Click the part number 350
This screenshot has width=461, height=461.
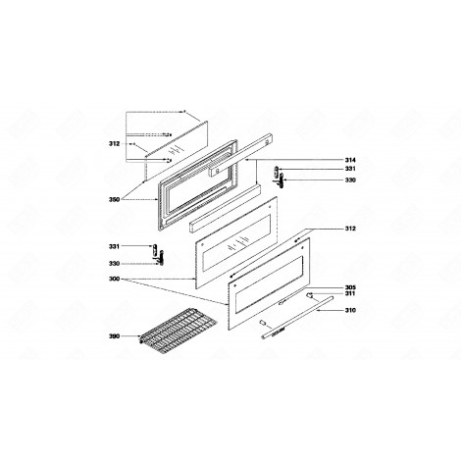coord(115,199)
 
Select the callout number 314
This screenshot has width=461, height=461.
coord(350,160)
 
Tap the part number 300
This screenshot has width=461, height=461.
coord(115,280)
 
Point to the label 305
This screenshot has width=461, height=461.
coord(350,287)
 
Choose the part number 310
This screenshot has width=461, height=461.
coord(350,311)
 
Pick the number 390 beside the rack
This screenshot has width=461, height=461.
coord(115,337)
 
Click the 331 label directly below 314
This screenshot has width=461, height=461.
coord(350,170)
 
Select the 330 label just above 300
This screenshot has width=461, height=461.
coord(115,263)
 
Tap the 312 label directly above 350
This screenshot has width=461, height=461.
coord(115,144)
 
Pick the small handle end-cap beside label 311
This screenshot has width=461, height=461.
coord(312,294)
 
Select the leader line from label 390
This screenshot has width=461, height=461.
coord(132,337)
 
